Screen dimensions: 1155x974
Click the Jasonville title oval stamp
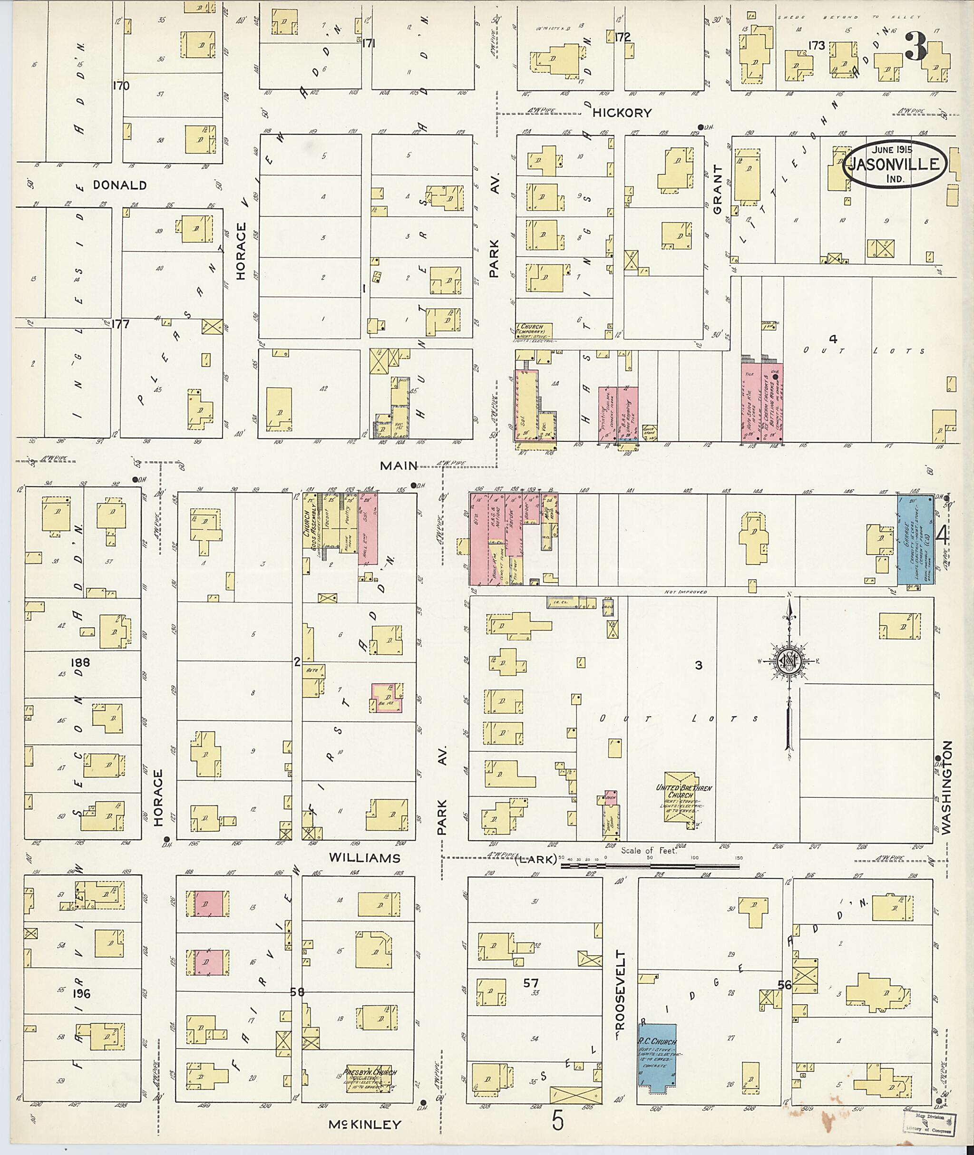(895, 164)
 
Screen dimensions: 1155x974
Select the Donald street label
(120, 185)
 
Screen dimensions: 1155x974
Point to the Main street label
(399, 466)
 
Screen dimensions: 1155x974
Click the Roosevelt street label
(620, 990)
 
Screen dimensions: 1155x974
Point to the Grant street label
(717, 190)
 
